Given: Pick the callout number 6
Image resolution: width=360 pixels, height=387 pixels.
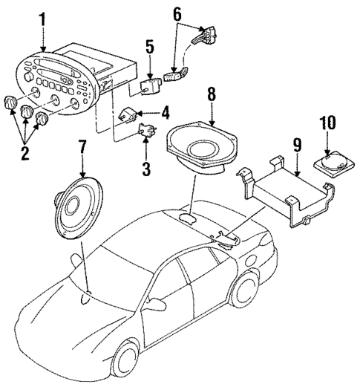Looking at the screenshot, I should tap(177, 13).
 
